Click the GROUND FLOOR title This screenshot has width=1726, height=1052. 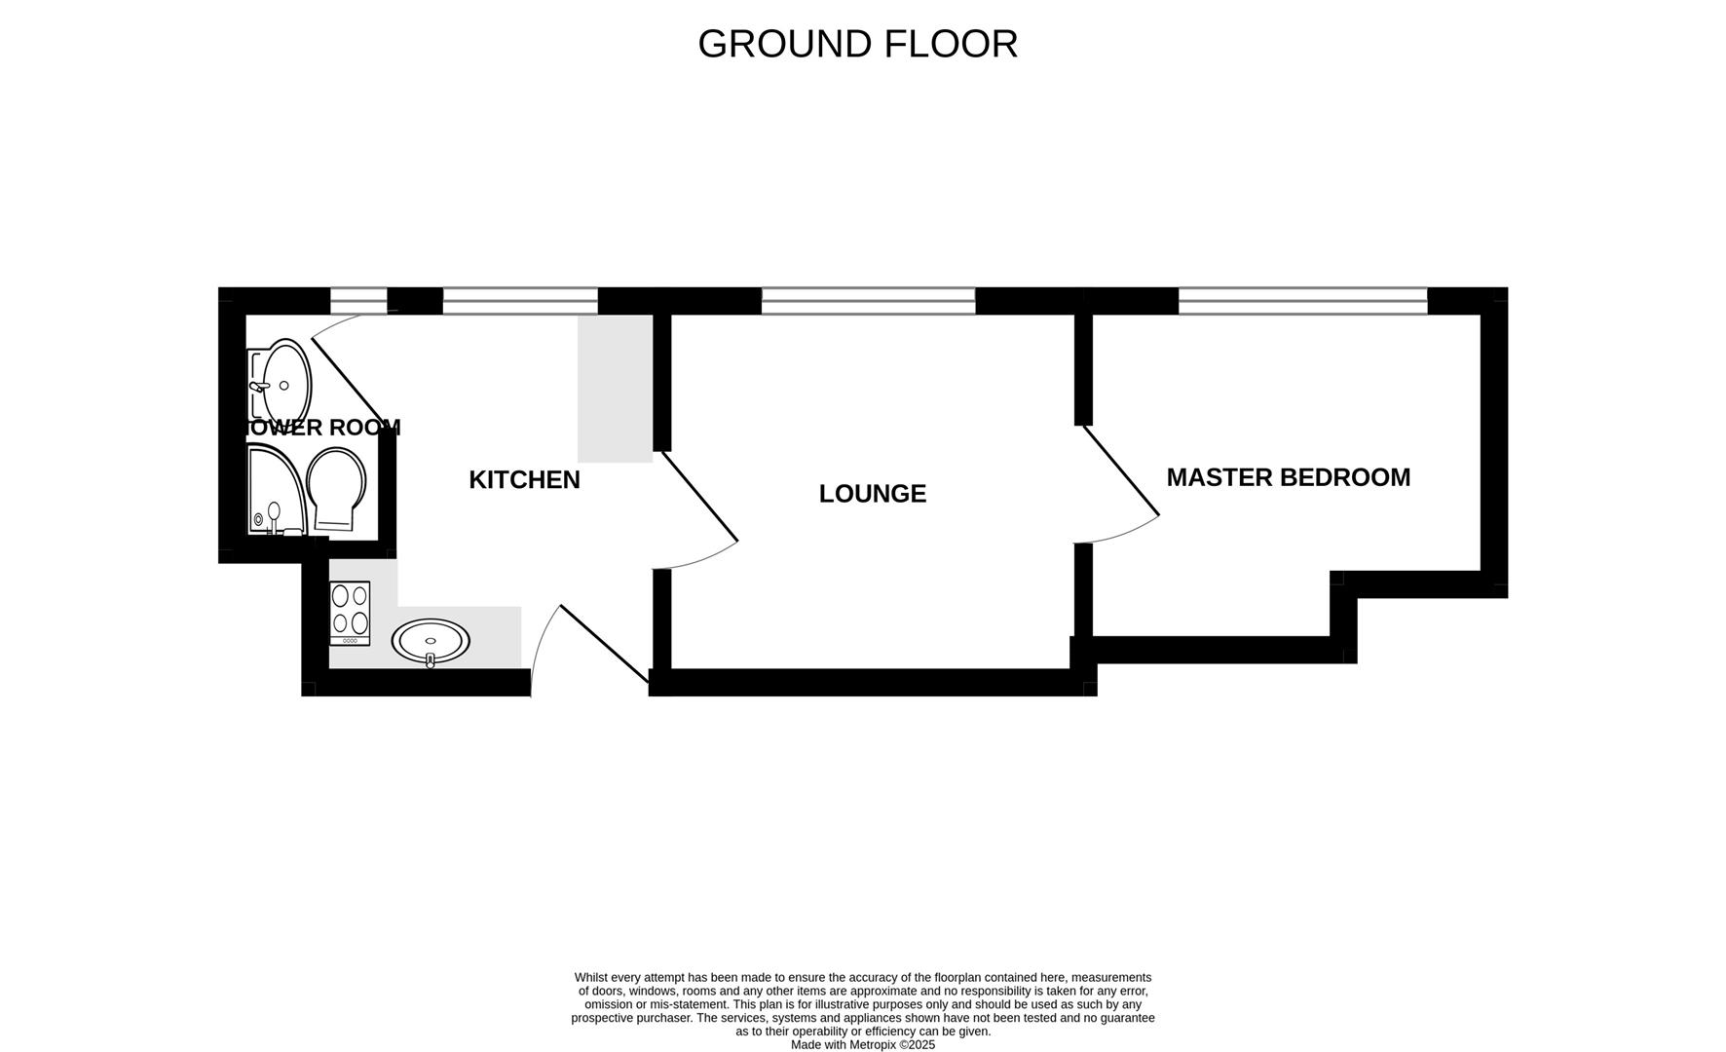click(x=857, y=44)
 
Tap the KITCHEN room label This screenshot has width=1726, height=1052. click(x=524, y=479)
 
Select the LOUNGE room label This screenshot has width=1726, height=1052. click(x=872, y=494)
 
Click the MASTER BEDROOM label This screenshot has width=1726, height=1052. click(x=1288, y=477)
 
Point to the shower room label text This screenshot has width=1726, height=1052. click(x=321, y=428)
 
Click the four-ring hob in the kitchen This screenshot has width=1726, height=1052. click(x=350, y=612)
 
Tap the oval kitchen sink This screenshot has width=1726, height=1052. click(x=431, y=641)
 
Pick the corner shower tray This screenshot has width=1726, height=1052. click(x=273, y=492)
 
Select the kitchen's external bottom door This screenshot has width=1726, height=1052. click(x=604, y=644)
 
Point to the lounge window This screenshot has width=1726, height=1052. click(x=868, y=301)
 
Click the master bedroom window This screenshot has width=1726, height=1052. click(x=1302, y=301)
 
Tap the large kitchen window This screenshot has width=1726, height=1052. click(x=520, y=301)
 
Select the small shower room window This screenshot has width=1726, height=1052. click(x=358, y=301)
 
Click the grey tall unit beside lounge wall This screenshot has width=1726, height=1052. click(x=615, y=388)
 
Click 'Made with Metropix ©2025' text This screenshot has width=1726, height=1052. click(x=862, y=1044)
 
